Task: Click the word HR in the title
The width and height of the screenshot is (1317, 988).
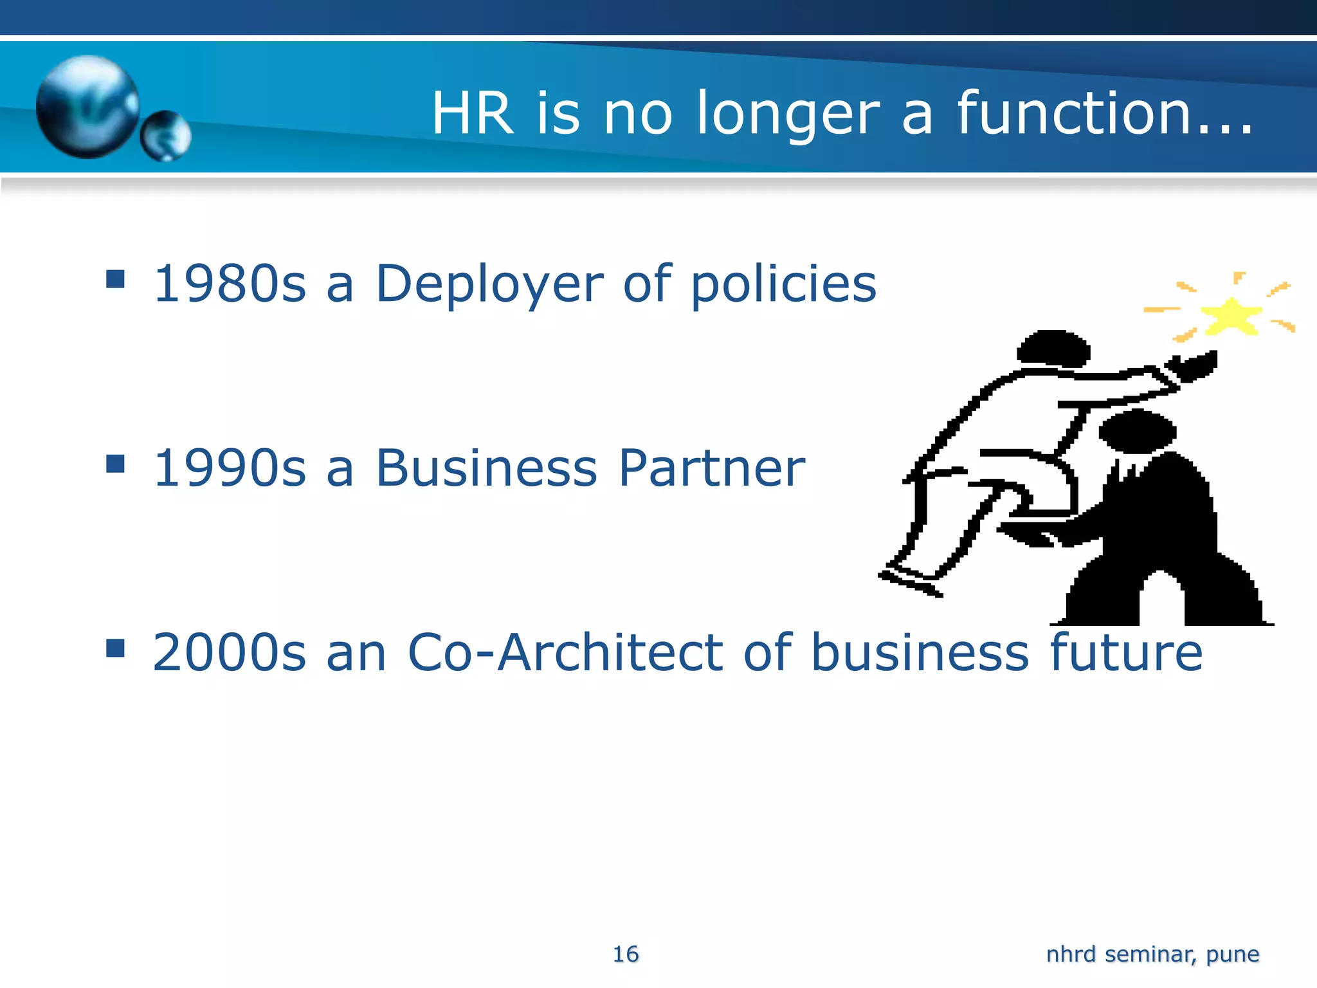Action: (x=473, y=114)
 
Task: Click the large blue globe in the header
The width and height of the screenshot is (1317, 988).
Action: (x=87, y=106)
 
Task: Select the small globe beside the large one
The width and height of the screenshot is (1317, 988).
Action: (x=166, y=135)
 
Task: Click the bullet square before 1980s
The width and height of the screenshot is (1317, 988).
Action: (x=116, y=279)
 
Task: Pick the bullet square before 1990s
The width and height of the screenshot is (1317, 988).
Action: (x=116, y=463)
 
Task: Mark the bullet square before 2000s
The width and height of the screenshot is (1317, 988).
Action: (x=116, y=648)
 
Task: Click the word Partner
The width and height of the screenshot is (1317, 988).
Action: (x=711, y=468)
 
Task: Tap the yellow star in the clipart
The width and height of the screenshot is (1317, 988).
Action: (x=1230, y=316)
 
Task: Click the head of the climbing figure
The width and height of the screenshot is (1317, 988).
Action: (x=1053, y=349)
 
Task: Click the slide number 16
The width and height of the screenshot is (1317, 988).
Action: (x=626, y=954)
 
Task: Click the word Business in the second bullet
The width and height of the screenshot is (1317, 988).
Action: (x=486, y=468)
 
